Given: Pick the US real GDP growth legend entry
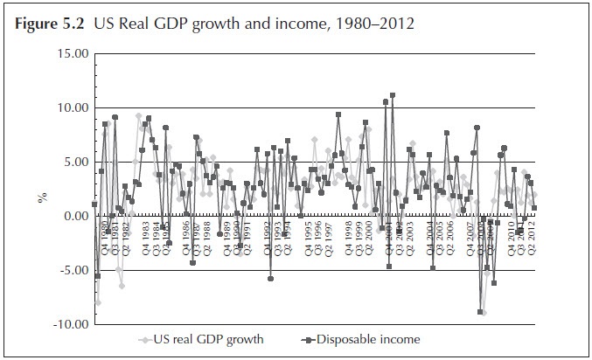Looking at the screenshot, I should pos(213,339).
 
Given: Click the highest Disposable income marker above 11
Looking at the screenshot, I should pos(393,95).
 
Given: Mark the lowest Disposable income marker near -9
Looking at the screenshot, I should pos(480,311).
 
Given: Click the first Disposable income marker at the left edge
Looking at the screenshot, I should pos(94,204).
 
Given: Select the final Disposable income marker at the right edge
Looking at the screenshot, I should pos(534,208).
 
